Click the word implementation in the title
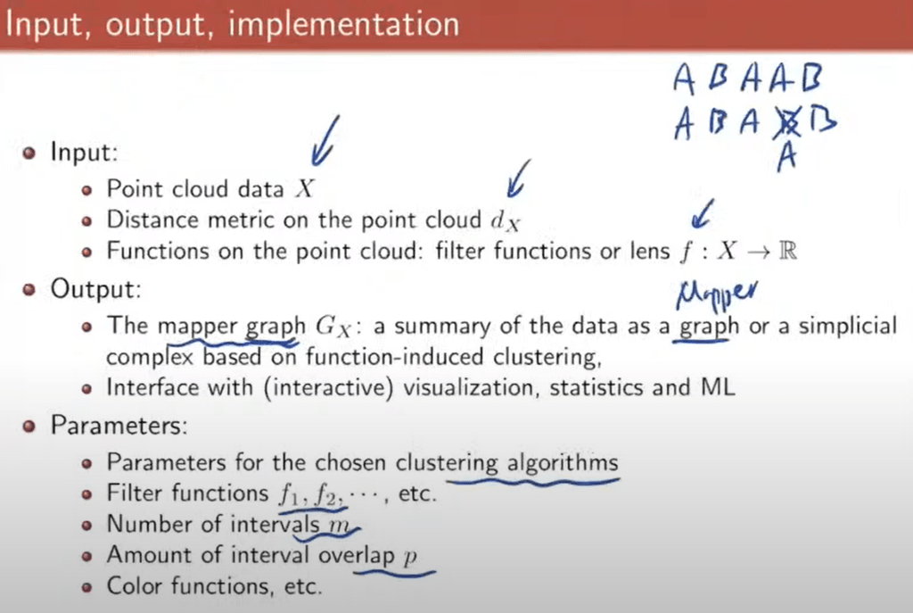tap(343, 25)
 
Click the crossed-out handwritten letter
tap(787, 123)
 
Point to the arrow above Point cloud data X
tap(325, 141)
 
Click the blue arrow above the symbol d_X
tap(518, 178)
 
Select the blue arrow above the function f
tap(703, 214)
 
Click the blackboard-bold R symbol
tap(787, 251)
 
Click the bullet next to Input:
tap(29, 153)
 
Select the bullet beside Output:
tap(29, 290)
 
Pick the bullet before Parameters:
tap(29, 426)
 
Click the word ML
tap(718, 387)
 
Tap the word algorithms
tap(563, 463)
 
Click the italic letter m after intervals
tap(339, 526)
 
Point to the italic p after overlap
tap(410, 557)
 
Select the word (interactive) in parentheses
tap(329, 388)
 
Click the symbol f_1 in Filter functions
tap(289, 495)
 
